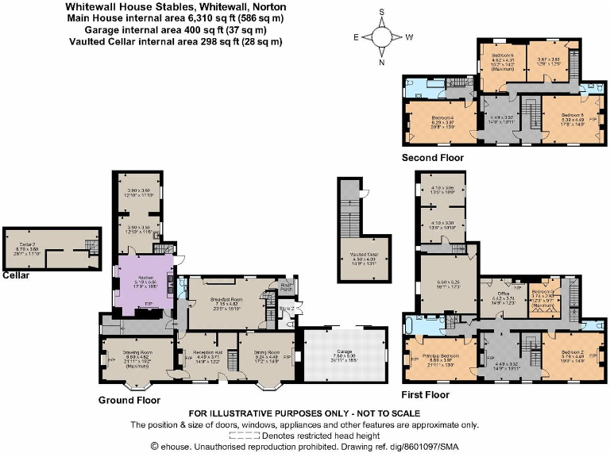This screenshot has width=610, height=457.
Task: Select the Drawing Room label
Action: coord(137,353)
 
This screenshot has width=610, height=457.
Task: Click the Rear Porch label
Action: coord(288,288)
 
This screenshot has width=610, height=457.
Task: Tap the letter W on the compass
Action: coord(408,36)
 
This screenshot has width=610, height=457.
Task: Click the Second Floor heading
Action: coord(432,158)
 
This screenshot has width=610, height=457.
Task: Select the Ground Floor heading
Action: coord(129,401)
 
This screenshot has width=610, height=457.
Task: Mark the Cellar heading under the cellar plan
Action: coord(16,275)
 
